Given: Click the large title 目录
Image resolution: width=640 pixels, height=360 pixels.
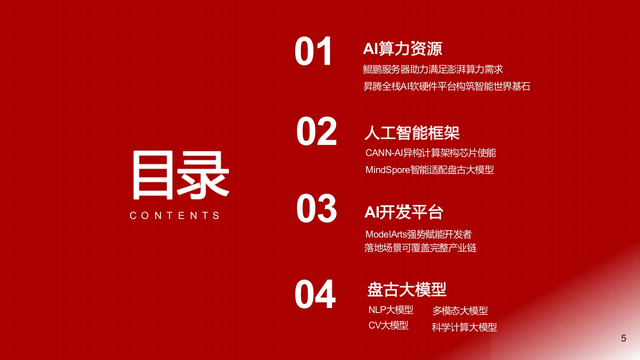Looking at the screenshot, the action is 180,175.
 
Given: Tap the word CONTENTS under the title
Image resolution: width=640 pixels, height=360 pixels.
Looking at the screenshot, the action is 174,215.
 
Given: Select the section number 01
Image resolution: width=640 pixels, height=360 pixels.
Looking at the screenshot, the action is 313,51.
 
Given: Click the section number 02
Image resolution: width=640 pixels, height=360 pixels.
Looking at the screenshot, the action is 316,131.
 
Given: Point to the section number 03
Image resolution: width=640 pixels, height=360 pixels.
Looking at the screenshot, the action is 316,208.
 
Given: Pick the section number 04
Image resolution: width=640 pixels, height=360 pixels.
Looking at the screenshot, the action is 315,294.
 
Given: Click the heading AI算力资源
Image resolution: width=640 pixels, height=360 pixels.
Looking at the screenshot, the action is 402,48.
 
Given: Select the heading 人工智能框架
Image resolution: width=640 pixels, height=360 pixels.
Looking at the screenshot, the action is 412,133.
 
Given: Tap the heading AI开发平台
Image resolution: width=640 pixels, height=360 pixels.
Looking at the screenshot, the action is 403,212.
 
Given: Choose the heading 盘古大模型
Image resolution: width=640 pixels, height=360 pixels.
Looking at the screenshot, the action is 407,289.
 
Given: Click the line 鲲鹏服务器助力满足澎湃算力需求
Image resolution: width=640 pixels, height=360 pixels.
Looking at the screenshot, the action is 433,69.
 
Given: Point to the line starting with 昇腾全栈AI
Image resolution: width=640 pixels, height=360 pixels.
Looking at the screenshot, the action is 446,86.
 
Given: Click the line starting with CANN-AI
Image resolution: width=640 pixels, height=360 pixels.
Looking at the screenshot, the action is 430,153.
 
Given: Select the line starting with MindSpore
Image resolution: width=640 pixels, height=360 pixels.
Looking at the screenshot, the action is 429,170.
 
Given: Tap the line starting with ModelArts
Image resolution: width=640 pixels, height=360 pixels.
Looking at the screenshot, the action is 418,234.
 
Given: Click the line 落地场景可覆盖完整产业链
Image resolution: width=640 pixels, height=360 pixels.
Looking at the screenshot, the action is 420,248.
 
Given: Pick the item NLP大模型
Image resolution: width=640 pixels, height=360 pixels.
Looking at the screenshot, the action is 390,309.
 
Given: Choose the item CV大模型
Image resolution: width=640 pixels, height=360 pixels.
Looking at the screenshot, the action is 388,325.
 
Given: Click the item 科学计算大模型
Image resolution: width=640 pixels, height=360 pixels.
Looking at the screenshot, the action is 464,327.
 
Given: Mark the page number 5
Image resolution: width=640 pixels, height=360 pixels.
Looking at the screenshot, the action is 623,338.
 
